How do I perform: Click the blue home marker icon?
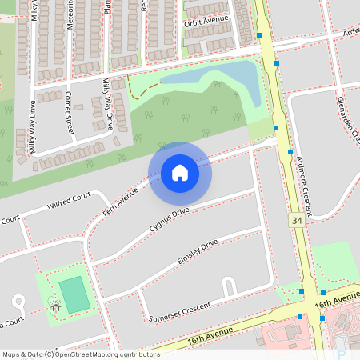pyautogui.click(x=180, y=173)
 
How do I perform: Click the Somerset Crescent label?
pyautogui.click(x=180, y=309)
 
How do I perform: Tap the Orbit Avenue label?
pyautogui.click(x=207, y=23)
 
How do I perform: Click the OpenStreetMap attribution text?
pyautogui.click(x=80, y=354)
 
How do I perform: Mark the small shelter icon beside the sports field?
pyautogui.click(x=54, y=305)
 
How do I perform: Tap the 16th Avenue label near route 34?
pyautogui.click(x=336, y=302)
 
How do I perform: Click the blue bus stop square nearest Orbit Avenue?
pyautogui.click(x=260, y=35)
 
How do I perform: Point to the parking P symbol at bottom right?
pyautogui.click(x=342, y=354)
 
